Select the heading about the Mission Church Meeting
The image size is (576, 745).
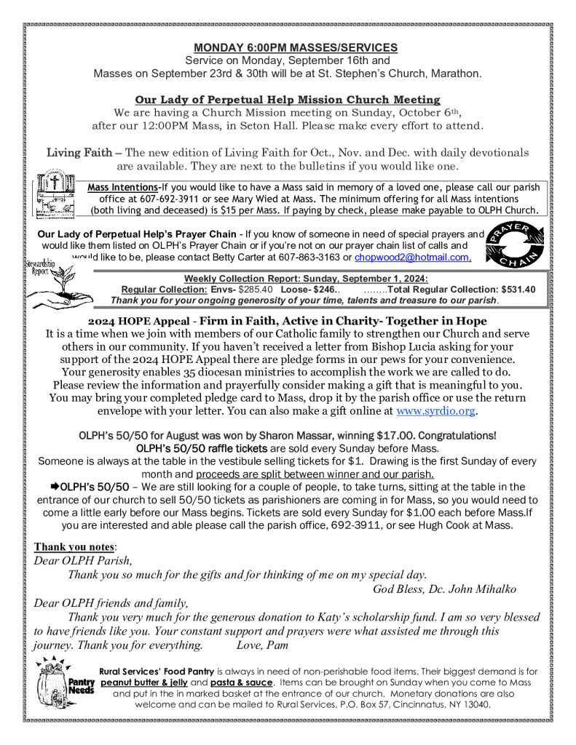[288, 100]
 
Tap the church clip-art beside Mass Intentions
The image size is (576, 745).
[60, 192]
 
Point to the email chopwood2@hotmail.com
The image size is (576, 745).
[412, 258]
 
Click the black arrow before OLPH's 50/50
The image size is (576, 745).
[54, 487]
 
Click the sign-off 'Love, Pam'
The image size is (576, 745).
[263, 645]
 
